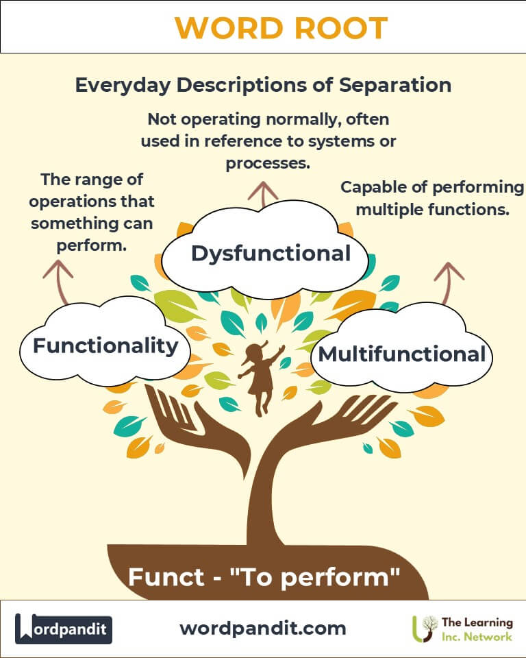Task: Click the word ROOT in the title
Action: [x=334, y=27]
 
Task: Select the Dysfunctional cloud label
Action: [x=271, y=254]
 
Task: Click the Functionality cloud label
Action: [x=105, y=345]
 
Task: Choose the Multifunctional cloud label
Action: [x=402, y=354]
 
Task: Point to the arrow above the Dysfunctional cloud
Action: [x=263, y=193]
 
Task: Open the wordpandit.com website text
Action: [x=263, y=628]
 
